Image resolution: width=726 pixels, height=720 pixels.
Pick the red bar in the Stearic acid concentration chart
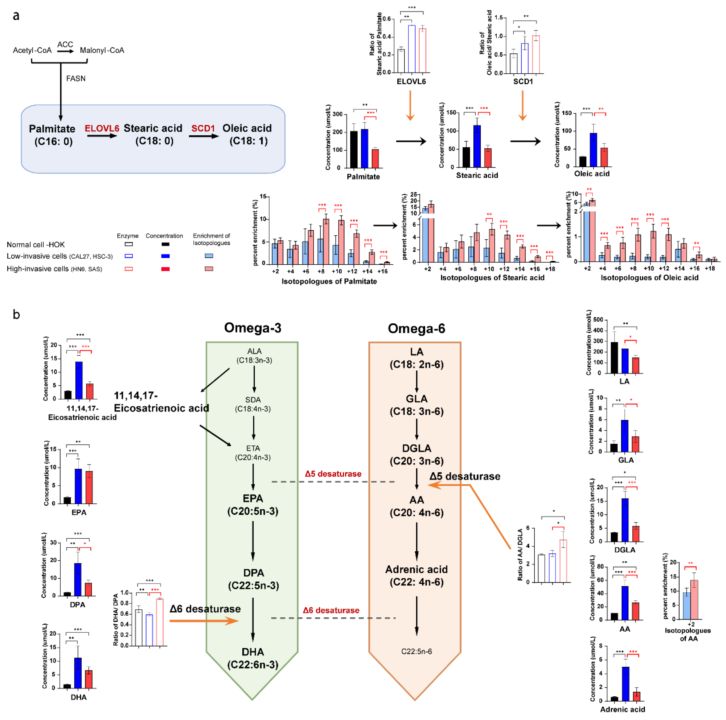click(x=488, y=158)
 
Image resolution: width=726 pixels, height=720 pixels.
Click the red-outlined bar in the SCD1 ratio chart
click(x=536, y=54)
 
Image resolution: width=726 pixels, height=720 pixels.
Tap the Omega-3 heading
click(x=253, y=328)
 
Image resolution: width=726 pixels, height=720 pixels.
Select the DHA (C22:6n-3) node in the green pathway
click(x=253, y=658)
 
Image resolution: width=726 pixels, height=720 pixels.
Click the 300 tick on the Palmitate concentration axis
click(x=337, y=114)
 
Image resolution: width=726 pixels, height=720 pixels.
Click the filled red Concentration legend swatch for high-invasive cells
click(x=165, y=269)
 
